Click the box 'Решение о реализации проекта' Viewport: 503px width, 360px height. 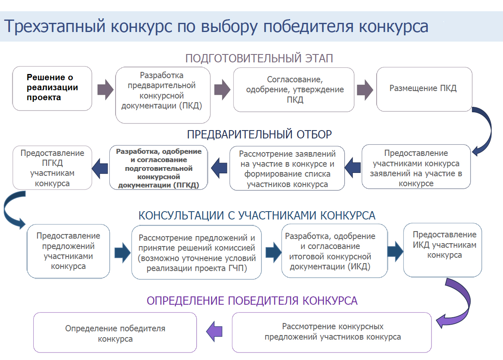[x=52, y=88]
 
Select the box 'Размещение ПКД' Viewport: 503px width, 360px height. [x=424, y=89]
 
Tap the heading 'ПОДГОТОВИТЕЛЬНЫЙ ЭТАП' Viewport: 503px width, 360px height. [x=259, y=58]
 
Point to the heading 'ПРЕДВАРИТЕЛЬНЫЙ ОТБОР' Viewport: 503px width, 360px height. [x=259, y=135]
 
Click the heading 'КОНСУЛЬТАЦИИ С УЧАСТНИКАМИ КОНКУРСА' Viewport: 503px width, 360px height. [x=257, y=216]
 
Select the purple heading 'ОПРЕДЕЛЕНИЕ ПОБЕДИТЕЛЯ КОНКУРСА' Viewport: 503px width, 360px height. [x=252, y=301]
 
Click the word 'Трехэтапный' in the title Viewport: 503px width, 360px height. [x=54, y=27]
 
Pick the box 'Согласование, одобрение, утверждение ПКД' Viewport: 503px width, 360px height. [x=294, y=90]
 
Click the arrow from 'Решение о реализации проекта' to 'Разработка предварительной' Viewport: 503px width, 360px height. [x=106, y=90]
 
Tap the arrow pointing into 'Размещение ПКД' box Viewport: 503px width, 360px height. [x=365, y=90]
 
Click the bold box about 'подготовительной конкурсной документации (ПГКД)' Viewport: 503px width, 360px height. [x=158, y=168]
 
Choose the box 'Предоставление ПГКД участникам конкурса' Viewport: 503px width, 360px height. [x=52, y=168]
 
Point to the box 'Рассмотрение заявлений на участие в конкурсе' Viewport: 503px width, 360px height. [x=287, y=168]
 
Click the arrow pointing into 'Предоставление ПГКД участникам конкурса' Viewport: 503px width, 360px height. [x=100, y=168]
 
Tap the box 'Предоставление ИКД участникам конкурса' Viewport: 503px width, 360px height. [x=443, y=250]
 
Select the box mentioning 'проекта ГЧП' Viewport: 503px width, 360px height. [x=197, y=252]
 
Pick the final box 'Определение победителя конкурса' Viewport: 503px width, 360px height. [x=115, y=333]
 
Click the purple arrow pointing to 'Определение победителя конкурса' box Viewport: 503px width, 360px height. [x=214, y=331]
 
